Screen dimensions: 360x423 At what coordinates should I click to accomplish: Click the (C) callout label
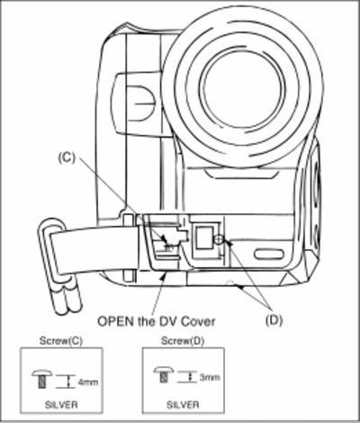tap(67, 157)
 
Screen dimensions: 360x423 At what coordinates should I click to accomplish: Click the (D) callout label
tap(274, 320)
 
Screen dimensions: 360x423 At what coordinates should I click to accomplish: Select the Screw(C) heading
tap(61, 341)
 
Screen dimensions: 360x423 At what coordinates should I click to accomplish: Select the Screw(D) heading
tap(183, 341)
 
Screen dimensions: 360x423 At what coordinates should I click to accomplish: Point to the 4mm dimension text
tap(88, 382)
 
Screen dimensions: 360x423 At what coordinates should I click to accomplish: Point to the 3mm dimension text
tap(210, 377)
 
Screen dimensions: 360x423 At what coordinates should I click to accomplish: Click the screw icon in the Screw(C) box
tap(42, 380)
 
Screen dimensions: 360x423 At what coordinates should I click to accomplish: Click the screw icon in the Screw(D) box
tap(164, 374)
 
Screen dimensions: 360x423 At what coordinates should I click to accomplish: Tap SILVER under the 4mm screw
tap(61, 405)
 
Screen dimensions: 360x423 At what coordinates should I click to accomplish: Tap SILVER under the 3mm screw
tap(183, 405)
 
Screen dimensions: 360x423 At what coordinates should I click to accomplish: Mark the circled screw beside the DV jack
tap(219, 239)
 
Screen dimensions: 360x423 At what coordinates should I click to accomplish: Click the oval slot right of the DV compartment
tap(268, 254)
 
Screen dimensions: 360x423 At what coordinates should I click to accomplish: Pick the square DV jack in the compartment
tap(204, 238)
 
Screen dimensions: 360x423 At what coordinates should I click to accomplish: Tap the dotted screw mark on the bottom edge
tap(229, 282)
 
